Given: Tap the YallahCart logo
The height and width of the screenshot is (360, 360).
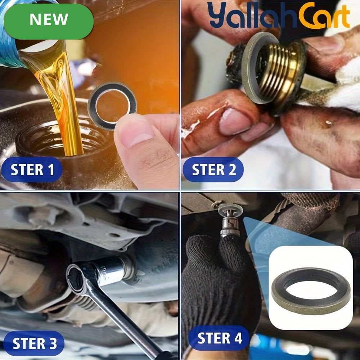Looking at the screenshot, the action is coord(279,15).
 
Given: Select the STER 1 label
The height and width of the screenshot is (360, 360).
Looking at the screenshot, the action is coord(32,170).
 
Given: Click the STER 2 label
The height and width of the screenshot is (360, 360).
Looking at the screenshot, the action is coord(213,170).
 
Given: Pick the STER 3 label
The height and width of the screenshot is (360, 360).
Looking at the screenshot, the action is coord(34,343).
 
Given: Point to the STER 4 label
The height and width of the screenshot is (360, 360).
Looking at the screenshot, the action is coord(219,338).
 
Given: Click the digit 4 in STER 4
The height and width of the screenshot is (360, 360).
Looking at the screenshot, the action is coord(238,338).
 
